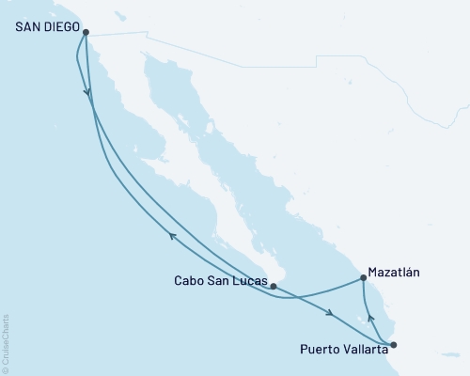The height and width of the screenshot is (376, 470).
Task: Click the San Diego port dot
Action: point(86,32)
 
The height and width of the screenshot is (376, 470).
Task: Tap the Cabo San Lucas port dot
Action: point(273,285)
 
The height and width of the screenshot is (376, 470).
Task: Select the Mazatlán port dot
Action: point(364,278)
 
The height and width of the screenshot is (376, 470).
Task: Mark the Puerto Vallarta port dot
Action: point(393,344)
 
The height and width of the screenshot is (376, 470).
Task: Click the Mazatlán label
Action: point(394,272)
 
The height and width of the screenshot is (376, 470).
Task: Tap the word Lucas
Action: point(248,280)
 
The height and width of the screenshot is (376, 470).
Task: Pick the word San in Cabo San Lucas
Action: point(220,280)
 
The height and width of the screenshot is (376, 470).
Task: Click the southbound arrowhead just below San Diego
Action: point(88,92)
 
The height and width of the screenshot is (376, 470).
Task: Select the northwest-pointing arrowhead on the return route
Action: point(173,237)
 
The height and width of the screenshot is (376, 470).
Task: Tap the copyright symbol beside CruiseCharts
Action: point(6,368)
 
